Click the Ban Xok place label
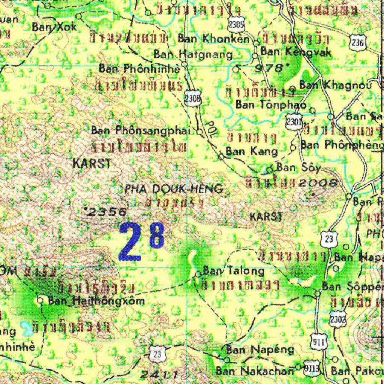click(54, 27)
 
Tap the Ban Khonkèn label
click(213, 38)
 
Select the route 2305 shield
click(236, 25)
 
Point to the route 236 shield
click(358, 42)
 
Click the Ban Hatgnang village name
click(193, 54)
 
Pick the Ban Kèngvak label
click(296, 51)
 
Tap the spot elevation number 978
click(273, 68)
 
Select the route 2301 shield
click(294, 122)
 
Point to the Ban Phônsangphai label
click(141, 130)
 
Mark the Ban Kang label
click(252, 151)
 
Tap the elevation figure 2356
click(106, 211)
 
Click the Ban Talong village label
click(234, 271)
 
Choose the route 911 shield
click(319, 341)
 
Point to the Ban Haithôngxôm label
click(96, 300)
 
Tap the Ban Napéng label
click(260, 350)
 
